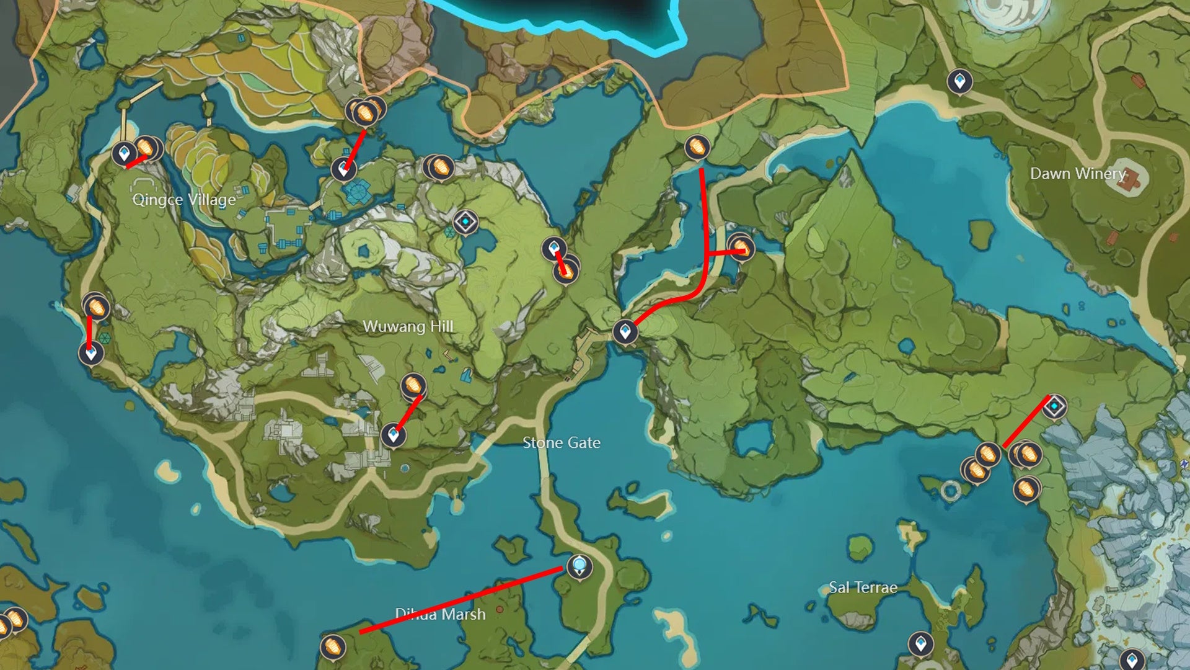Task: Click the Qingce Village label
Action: point(184,199)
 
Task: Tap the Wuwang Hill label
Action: point(408,326)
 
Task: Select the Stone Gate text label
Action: point(561,443)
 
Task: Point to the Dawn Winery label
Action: point(1077,174)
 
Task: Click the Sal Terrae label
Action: point(863,587)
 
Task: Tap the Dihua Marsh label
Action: point(440,614)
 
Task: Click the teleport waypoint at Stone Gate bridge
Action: point(625,331)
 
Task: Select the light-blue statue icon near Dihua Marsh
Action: point(580,566)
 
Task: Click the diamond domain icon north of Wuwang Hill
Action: point(465,221)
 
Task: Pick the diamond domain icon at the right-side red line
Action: point(1054,406)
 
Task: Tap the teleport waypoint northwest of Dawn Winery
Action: point(959,81)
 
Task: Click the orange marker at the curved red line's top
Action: point(697,148)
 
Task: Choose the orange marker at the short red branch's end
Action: point(741,248)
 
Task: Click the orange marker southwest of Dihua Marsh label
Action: point(333,646)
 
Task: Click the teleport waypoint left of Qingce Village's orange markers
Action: point(124,153)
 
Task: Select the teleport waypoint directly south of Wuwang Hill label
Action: point(393,435)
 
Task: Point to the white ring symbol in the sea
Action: point(950,491)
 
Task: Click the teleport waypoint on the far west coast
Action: point(91,353)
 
